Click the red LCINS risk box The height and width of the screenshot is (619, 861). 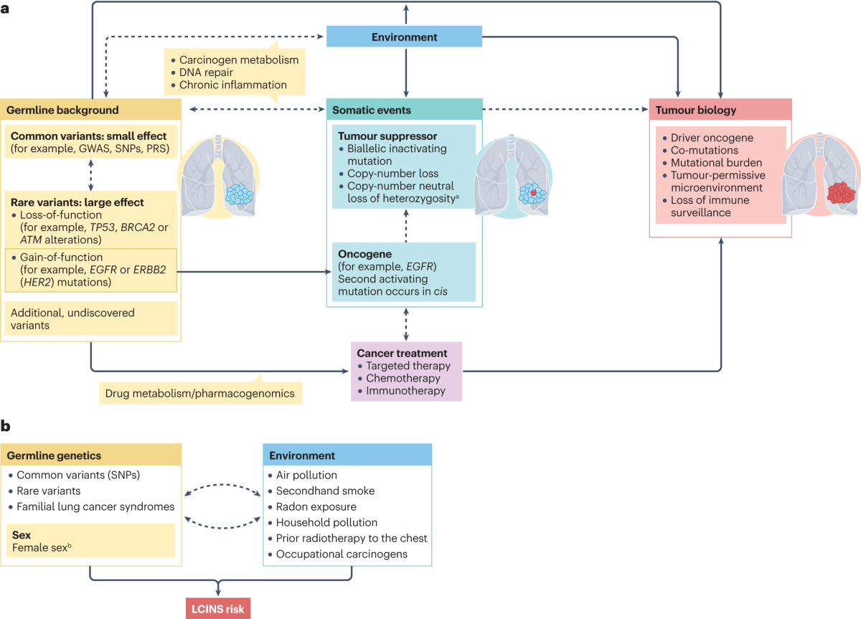218,608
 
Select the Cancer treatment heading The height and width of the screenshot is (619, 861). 402,353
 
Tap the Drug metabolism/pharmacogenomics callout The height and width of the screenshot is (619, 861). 201,393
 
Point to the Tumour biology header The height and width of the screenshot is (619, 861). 720,110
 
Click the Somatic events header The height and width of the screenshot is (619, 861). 405,110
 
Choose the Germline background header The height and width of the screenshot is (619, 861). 90,110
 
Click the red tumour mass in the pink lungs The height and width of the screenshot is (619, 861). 842,192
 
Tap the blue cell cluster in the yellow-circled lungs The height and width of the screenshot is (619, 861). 239,194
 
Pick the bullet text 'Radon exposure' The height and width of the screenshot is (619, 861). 316,507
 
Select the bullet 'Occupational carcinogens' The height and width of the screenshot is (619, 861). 342,554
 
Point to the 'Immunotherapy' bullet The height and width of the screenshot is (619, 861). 405,391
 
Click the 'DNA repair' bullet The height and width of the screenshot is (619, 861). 206,72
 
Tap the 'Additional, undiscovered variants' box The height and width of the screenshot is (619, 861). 90,318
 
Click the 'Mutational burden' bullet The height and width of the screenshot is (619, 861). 716,163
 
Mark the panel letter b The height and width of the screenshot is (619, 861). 6,426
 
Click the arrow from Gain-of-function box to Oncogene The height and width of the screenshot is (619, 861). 254,272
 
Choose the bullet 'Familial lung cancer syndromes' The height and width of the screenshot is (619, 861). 95,507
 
